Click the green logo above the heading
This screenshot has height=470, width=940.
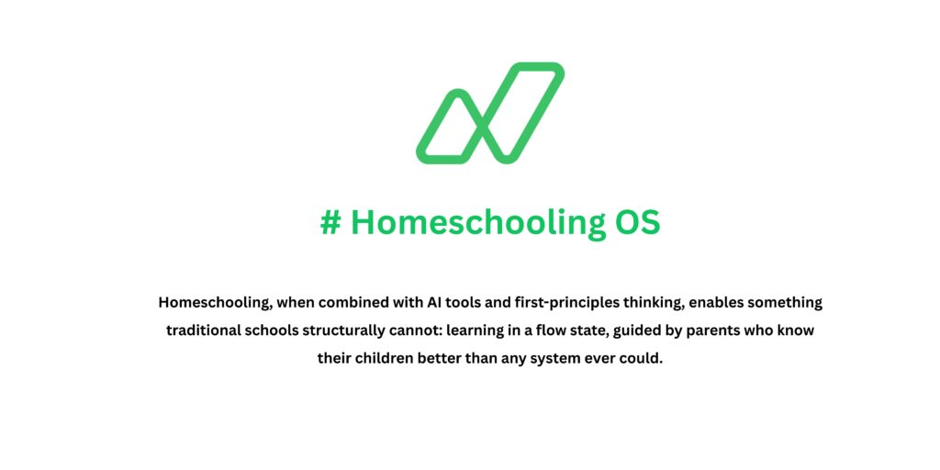pos(490,113)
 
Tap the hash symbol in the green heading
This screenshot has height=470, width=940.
pos(330,223)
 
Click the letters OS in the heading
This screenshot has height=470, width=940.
pos(636,223)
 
